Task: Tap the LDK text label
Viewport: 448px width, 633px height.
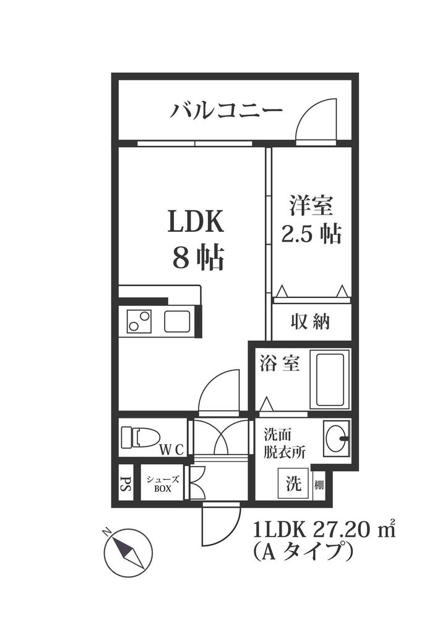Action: (197, 222)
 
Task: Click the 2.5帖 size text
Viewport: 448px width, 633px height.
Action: (311, 234)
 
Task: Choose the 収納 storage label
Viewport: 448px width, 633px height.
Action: (311, 321)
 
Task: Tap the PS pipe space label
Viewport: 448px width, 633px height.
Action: (125, 483)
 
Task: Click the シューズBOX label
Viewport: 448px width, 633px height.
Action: (163, 483)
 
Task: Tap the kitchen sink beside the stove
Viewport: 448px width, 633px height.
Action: (179, 321)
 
